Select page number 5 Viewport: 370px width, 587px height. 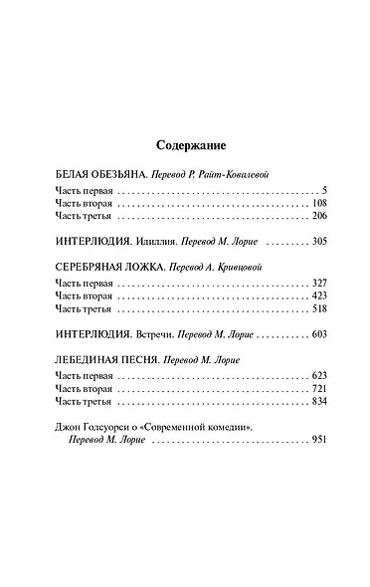[x=312, y=189]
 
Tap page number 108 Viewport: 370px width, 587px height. [x=307, y=202]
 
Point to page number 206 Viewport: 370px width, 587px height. [x=307, y=215]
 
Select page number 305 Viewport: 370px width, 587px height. [x=307, y=242]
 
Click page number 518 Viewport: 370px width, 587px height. [x=307, y=312]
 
